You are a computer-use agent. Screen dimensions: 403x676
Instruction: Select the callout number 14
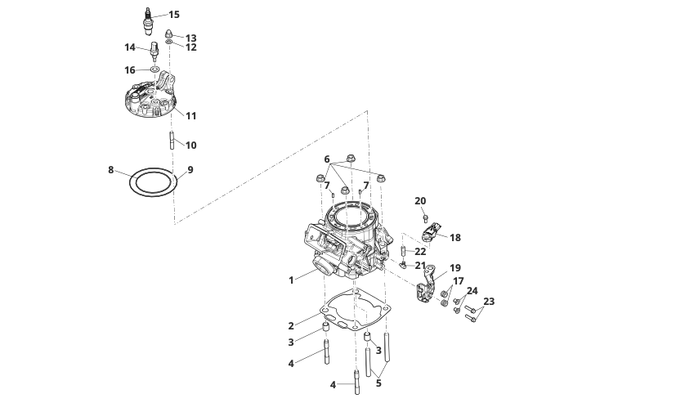(130, 47)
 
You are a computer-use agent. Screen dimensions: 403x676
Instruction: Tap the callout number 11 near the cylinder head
(190, 116)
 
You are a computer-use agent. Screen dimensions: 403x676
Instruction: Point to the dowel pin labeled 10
(172, 140)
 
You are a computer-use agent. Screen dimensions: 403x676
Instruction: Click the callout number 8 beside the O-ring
(110, 170)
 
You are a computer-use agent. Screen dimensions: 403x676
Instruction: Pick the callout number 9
(190, 170)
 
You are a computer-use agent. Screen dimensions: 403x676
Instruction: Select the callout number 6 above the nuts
(326, 159)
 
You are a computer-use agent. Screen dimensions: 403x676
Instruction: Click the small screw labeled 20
(426, 217)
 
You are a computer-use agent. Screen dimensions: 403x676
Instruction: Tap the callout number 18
(455, 238)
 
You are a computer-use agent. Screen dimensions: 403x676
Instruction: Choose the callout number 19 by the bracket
(455, 267)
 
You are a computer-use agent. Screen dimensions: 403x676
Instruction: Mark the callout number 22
(420, 251)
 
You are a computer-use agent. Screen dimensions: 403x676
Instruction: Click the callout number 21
(420, 266)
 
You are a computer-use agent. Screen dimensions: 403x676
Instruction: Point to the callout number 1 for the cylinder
(290, 280)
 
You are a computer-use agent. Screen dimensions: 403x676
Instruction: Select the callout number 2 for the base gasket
(290, 326)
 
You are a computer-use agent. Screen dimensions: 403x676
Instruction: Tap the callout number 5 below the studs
(378, 381)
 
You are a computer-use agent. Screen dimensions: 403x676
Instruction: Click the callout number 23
(489, 302)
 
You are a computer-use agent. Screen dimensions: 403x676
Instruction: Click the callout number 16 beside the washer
(130, 70)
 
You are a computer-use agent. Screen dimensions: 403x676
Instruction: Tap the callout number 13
(190, 38)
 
